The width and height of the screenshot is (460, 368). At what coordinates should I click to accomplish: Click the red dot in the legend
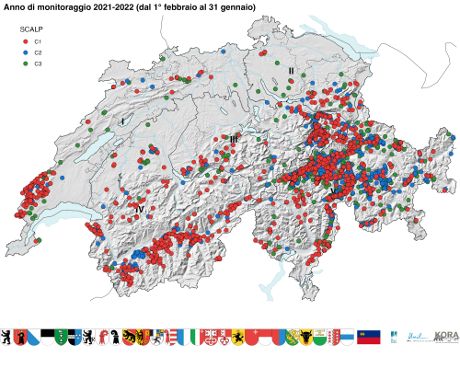tap(25, 42)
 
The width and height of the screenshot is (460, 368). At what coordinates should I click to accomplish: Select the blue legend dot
tap(25, 53)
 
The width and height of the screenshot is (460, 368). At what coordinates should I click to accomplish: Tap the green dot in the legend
tap(25, 64)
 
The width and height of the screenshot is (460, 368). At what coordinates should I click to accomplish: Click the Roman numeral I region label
tap(121, 121)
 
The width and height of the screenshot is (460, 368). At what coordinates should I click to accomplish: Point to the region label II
tap(291, 71)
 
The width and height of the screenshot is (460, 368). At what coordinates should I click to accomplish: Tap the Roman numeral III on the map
tap(234, 139)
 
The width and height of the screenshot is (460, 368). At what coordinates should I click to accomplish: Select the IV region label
tap(139, 209)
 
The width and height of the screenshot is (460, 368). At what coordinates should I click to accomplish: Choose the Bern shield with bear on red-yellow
tap(20, 338)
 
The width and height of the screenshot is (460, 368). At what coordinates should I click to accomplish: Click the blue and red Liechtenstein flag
tap(369, 338)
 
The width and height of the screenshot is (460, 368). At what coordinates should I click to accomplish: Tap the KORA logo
tap(446, 338)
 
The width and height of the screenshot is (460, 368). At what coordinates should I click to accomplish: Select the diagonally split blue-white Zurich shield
tap(34, 338)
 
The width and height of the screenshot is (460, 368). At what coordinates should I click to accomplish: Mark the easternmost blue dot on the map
tap(453, 137)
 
